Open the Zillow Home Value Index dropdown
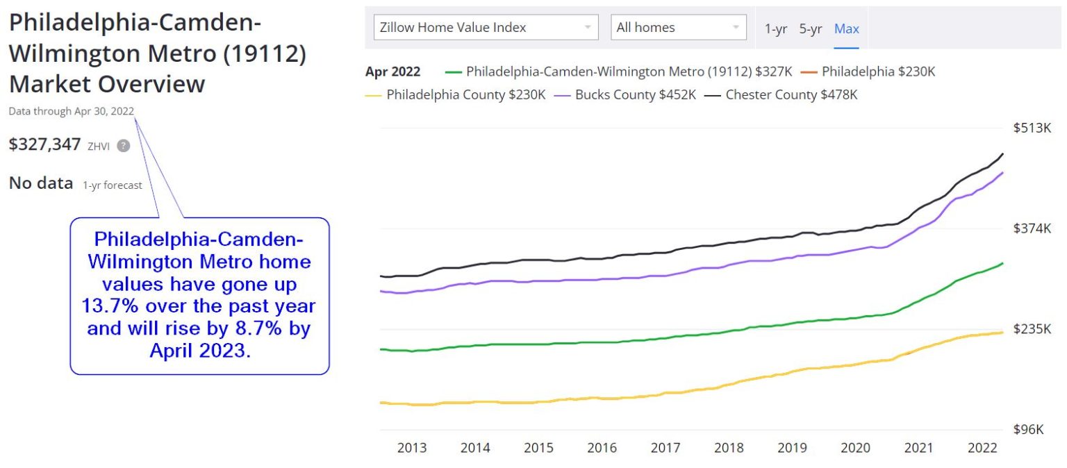tap(486, 28)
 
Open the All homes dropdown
tap(678, 28)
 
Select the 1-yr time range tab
tap(776, 28)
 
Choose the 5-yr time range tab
tap(810, 28)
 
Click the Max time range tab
tap(846, 28)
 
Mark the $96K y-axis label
tap(1029, 429)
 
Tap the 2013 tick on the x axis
tap(411, 448)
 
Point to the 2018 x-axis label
tap(729, 448)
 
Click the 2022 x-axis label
tap(982, 448)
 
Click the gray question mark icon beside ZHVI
tap(123, 146)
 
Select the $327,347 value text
tap(44, 144)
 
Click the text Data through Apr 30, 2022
tap(72, 111)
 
